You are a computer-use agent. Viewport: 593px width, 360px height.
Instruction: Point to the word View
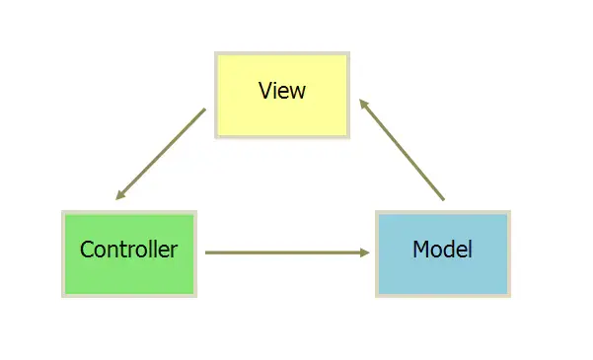click(x=282, y=91)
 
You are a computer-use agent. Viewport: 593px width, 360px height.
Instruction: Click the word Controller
click(x=129, y=250)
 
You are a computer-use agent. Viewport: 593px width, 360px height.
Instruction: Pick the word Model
click(x=442, y=250)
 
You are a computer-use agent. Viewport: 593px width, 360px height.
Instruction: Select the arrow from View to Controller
click(x=160, y=154)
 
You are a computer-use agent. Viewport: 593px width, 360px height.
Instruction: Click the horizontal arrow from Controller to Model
click(x=286, y=252)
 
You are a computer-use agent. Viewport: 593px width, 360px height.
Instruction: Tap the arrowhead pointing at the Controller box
click(x=119, y=195)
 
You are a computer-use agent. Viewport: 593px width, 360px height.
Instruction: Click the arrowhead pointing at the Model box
click(x=364, y=252)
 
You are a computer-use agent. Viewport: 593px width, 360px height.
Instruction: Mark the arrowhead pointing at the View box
click(x=362, y=102)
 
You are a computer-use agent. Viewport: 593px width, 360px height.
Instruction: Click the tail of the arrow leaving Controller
click(x=207, y=252)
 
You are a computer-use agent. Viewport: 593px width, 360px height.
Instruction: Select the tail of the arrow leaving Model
click(x=443, y=200)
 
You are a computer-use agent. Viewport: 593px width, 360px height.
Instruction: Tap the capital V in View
click(x=264, y=91)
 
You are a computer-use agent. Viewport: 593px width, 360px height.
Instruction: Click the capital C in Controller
click(x=87, y=250)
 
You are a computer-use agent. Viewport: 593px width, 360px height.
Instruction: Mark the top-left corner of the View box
click(x=216, y=53)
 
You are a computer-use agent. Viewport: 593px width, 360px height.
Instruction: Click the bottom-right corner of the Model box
click(x=509, y=295)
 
